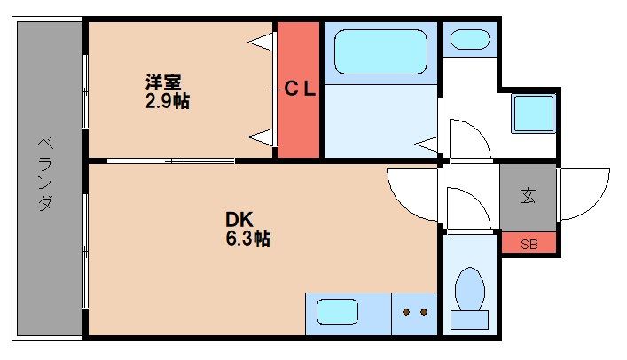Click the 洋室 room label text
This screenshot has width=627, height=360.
pyautogui.click(x=163, y=82)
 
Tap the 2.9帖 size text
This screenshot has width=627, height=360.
pyautogui.click(x=167, y=101)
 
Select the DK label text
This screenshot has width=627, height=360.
pyautogui.click(x=239, y=220)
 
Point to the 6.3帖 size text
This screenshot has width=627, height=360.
pyautogui.click(x=248, y=239)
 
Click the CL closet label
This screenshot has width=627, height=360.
pyautogui.click(x=300, y=89)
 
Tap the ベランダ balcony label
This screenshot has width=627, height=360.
pyautogui.click(x=45, y=174)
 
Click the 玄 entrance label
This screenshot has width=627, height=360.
pyautogui.click(x=529, y=196)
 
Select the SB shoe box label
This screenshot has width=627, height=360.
pyautogui.click(x=529, y=244)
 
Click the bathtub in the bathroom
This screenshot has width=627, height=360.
pyautogui.click(x=380, y=51)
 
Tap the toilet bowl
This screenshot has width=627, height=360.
pyautogui.click(x=470, y=289)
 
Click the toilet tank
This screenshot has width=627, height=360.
pyautogui.click(x=469, y=320)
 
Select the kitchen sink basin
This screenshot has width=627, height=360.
pyautogui.click(x=337, y=311)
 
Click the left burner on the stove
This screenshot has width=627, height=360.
pyautogui.click(x=406, y=312)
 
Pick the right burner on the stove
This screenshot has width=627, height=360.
pyautogui.click(x=424, y=312)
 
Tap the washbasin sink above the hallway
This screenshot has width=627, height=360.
pyautogui.click(x=470, y=40)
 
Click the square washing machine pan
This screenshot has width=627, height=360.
pyautogui.click(x=533, y=113)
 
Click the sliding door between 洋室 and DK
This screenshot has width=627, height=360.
pyautogui.click(x=171, y=161)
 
